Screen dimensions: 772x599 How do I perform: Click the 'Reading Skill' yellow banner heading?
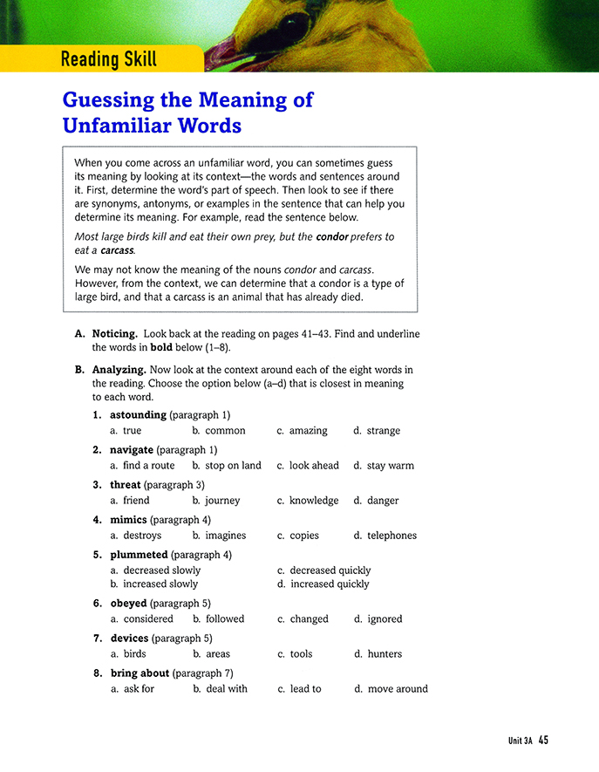[x=108, y=59]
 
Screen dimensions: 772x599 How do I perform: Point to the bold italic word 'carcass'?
[x=117, y=250]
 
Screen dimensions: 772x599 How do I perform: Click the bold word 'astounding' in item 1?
[x=138, y=414]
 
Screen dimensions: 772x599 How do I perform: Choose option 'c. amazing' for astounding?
[x=302, y=431]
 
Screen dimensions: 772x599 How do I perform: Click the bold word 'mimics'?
[x=128, y=519]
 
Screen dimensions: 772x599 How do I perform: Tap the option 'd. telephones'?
[x=385, y=536]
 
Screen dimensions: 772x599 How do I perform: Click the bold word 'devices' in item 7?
[x=129, y=638]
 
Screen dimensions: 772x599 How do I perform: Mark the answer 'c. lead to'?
[x=299, y=689]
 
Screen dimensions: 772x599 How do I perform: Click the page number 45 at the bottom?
[x=543, y=741]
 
